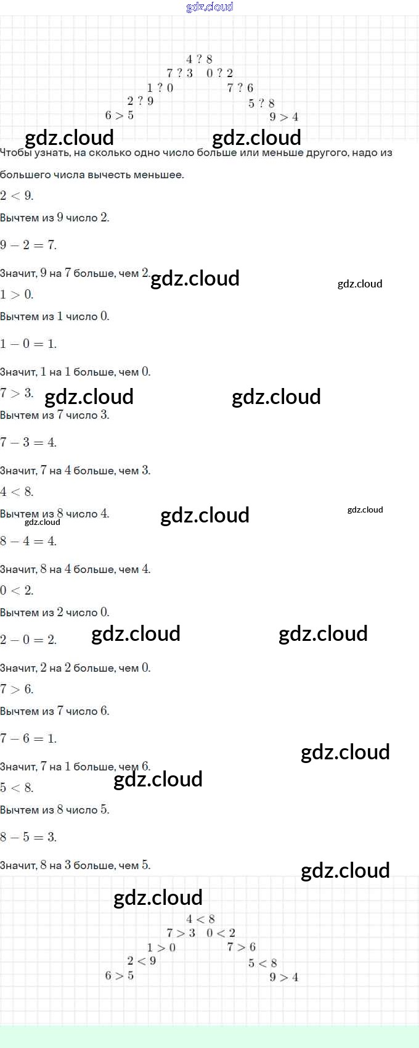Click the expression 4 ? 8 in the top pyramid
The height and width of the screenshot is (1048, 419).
point(200,59)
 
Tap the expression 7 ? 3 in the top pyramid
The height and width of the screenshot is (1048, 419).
point(180,73)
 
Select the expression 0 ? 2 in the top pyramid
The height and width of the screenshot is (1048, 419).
point(219,73)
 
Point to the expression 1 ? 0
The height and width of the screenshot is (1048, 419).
point(160,88)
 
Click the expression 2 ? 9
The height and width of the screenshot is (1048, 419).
point(140,101)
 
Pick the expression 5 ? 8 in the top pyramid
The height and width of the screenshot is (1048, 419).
point(262,103)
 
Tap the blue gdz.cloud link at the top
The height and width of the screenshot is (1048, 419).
point(209,7)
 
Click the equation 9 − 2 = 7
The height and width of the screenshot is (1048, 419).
point(28,245)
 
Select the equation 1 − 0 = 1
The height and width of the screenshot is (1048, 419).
point(28,344)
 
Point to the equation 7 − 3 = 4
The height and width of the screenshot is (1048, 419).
point(28,442)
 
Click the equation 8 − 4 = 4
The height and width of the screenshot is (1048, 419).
point(28,541)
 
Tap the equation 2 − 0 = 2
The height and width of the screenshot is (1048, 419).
point(28,640)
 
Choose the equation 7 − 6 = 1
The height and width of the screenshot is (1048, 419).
point(28,738)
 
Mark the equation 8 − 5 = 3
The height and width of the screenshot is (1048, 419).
point(28,836)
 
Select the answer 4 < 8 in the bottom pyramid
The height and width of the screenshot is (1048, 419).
point(200,919)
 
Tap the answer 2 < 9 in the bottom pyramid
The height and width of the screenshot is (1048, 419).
point(142,960)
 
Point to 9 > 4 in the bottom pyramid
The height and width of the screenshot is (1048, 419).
point(283,977)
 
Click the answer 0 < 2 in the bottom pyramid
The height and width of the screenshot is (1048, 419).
point(221,933)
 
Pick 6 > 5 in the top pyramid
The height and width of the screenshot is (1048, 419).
point(120,115)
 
